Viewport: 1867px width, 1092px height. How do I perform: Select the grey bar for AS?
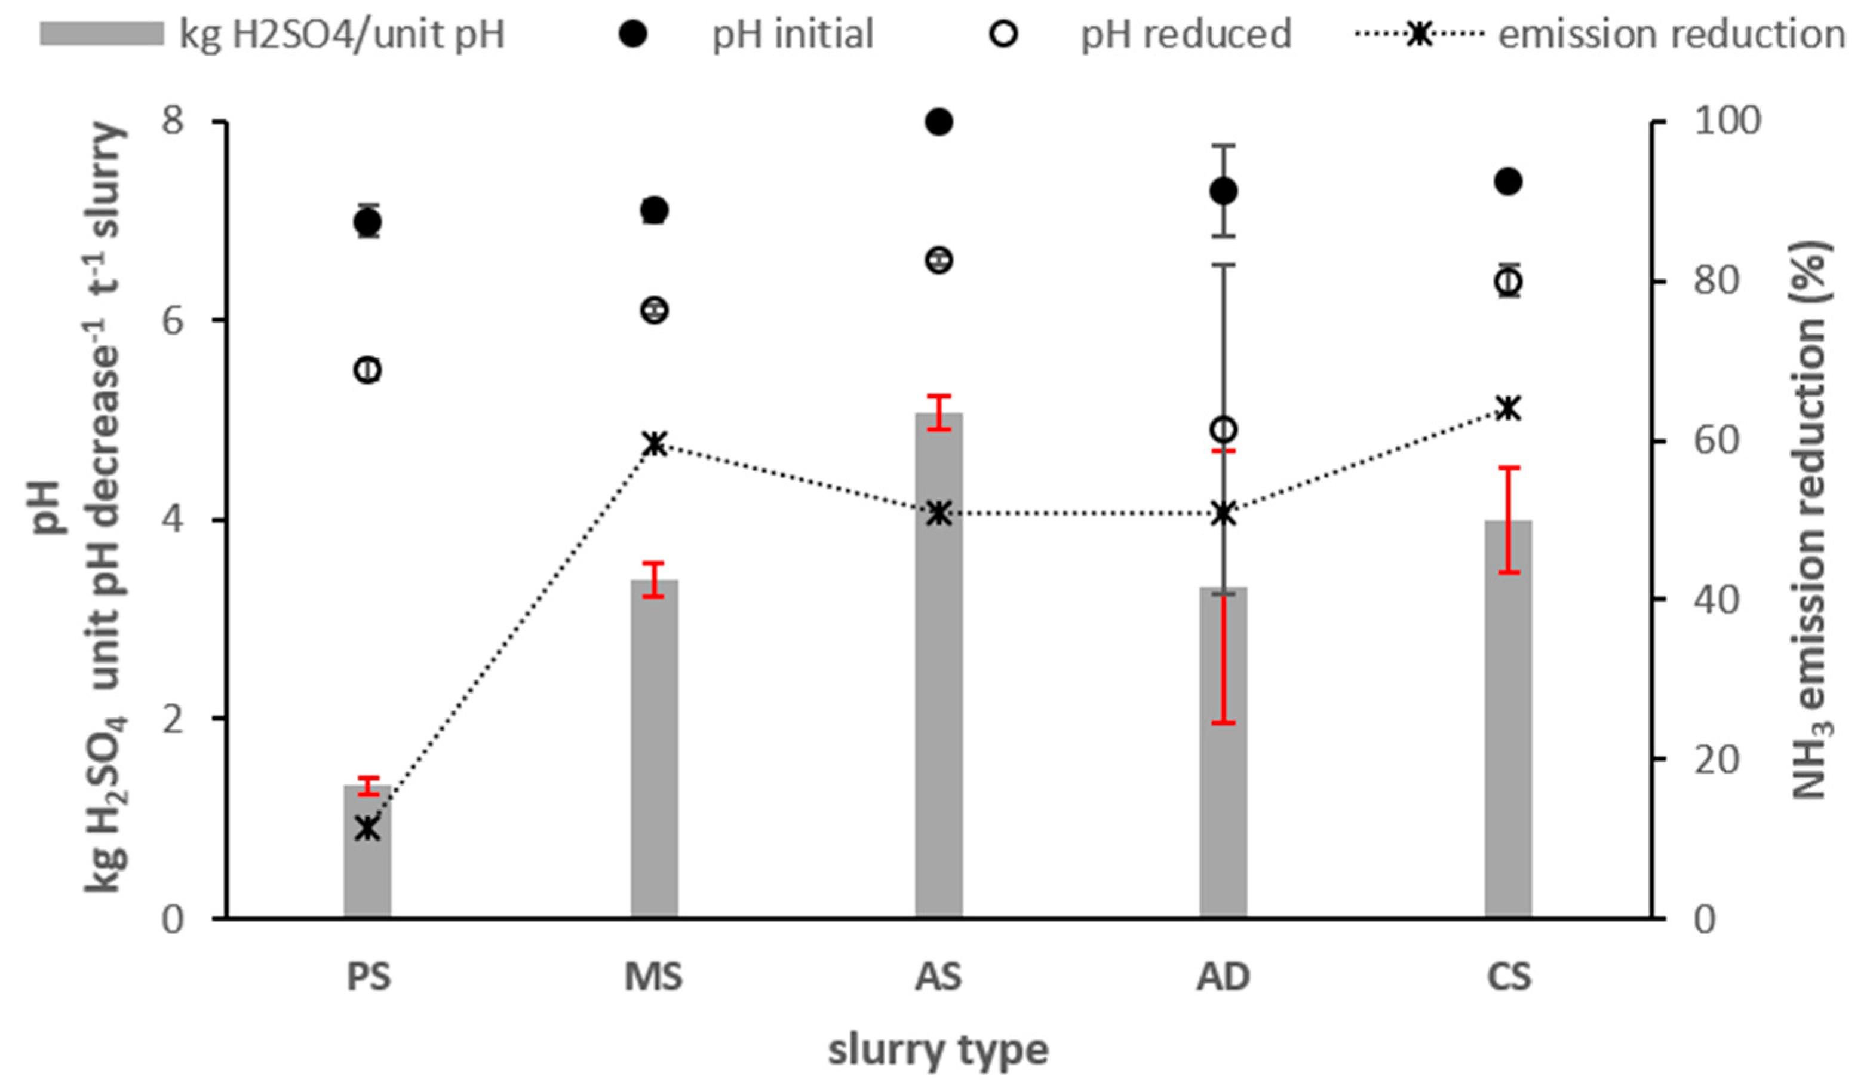939,667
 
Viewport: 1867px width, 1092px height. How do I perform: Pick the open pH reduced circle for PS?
367,370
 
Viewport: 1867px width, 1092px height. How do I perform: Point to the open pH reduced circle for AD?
1223,430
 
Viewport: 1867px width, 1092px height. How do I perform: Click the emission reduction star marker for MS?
653,444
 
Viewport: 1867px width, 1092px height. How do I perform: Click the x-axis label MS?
653,977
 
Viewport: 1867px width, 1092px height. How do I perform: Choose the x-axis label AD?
1223,977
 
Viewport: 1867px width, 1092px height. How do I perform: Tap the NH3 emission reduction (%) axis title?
1810,519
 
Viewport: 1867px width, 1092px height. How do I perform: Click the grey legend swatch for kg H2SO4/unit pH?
102,34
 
